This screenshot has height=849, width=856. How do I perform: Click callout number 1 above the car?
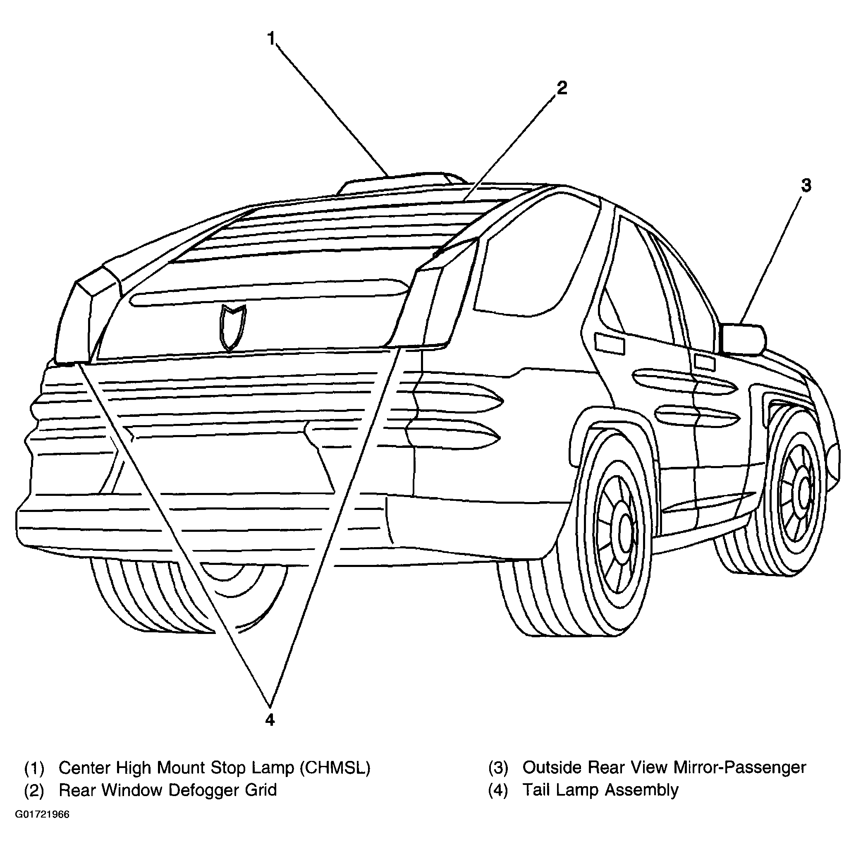(271, 39)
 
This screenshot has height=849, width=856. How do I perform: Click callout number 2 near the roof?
(562, 88)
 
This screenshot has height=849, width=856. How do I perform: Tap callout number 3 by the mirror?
(806, 186)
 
